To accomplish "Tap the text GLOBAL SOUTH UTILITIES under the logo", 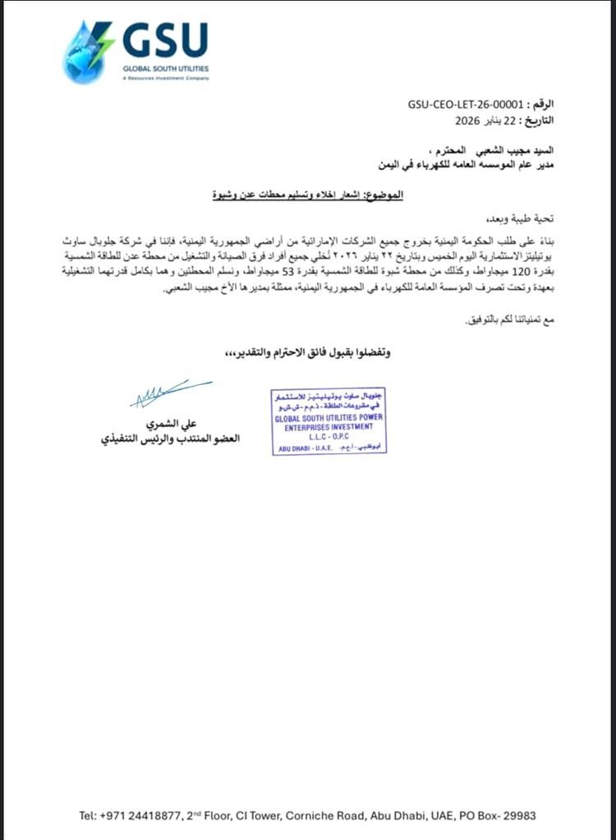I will pos(165,70).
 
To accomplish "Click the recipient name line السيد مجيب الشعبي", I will pos(494,151).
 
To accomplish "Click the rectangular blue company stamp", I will pos(329,420).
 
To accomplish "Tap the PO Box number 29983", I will pos(514,815).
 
